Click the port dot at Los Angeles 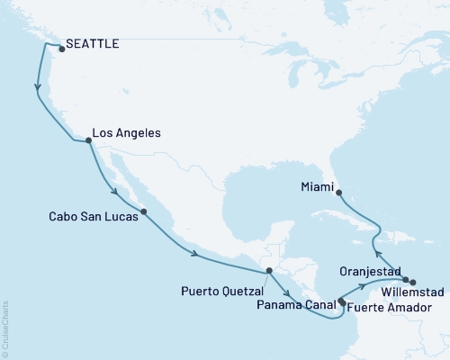coord(88,140)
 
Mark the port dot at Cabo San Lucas coord(144,212)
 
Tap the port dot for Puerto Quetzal coord(268,271)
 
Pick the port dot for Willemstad coord(413,283)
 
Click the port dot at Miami coord(338,192)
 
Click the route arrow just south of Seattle coord(38,88)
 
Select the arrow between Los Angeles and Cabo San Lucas coord(112,190)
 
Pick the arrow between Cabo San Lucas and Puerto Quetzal coord(193,254)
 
